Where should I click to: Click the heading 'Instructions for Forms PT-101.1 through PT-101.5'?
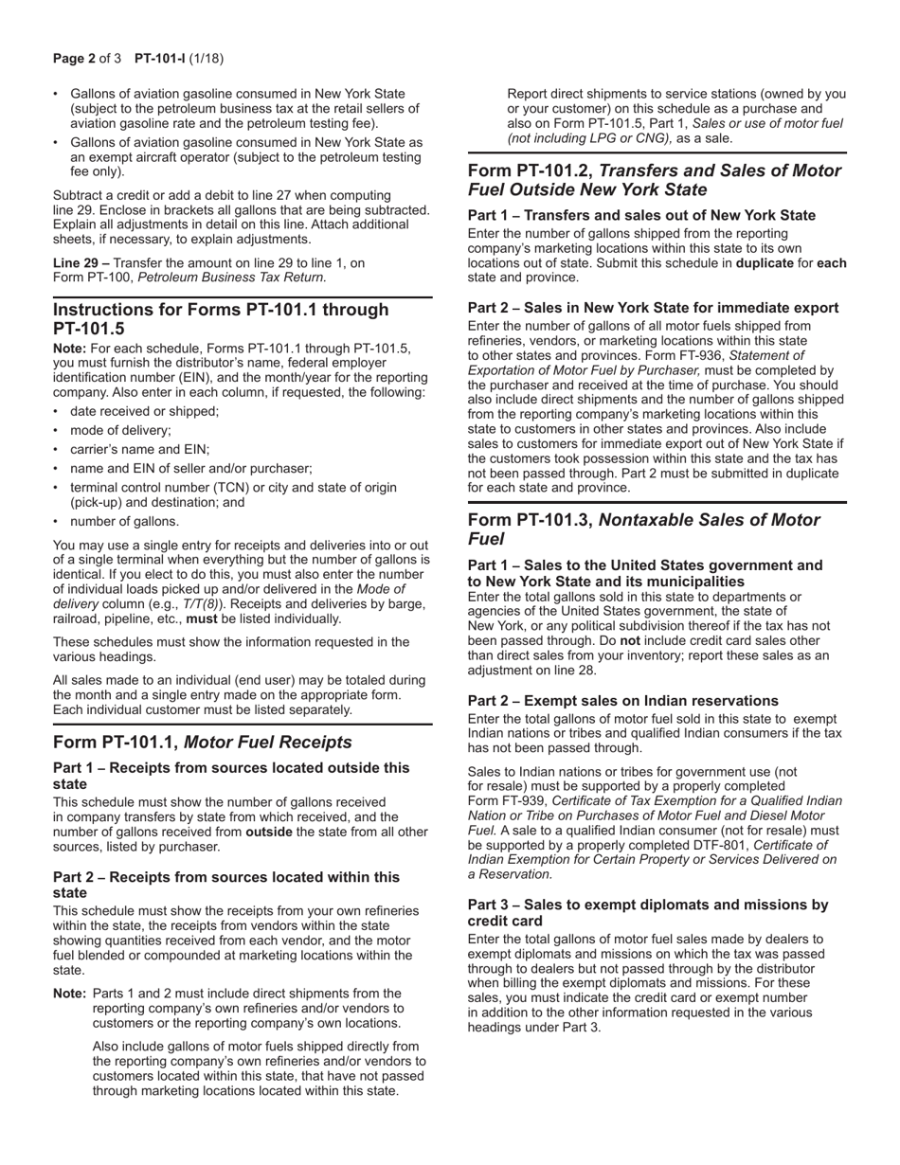[221, 318]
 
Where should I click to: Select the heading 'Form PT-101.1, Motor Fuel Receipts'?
[202, 742]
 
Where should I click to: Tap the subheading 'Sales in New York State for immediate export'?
[680, 308]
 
